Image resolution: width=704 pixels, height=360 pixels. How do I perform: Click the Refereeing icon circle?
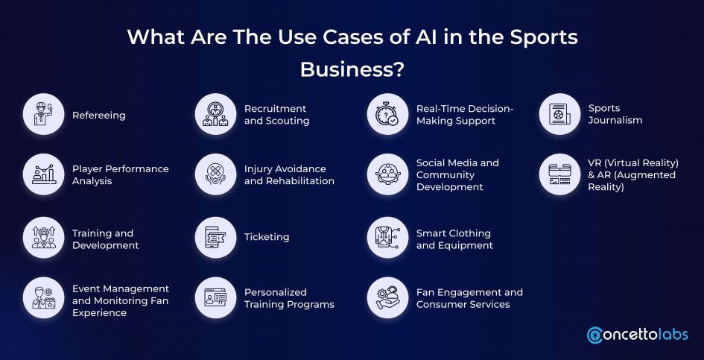point(44,115)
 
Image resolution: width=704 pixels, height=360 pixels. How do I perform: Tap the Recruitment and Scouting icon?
point(216,115)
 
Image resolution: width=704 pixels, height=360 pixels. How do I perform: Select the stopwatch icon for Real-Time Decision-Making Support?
point(388,115)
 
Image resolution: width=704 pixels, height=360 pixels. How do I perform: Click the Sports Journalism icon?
point(560,115)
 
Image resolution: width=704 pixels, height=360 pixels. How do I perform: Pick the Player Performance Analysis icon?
point(44,175)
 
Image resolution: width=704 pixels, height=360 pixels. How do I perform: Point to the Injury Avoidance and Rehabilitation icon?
point(216,175)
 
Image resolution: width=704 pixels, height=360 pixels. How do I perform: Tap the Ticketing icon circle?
point(216,237)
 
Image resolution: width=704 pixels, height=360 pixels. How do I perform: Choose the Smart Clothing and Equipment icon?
point(388,237)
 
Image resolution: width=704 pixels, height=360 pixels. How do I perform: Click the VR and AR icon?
point(560,175)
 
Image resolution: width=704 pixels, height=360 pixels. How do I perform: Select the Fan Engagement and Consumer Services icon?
point(388,298)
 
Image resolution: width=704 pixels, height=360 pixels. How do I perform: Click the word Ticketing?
point(267,237)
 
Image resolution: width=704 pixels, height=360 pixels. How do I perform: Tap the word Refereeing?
point(99,116)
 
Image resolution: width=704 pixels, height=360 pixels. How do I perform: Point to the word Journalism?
point(615,120)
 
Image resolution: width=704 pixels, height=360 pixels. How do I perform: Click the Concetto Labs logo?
point(638,335)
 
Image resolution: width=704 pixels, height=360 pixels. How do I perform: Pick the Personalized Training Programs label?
point(289,298)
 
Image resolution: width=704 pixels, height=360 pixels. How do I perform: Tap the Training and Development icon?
point(44,237)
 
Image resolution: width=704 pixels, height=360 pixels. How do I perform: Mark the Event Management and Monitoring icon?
point(44,298)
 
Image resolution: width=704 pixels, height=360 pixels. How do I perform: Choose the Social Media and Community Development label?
point(457,175)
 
